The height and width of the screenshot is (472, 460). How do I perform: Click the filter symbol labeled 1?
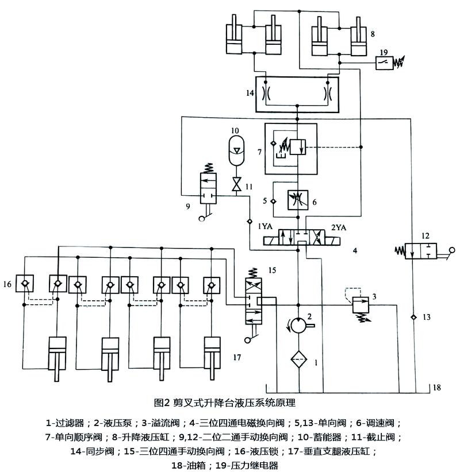coord(299,359)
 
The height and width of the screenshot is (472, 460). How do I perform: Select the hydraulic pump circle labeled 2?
coord(298,325)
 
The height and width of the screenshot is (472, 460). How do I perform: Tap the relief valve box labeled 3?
coord(361,305)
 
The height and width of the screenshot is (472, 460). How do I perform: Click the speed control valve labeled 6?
coord(298,200)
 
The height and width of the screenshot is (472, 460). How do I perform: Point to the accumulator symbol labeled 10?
coord(237,150)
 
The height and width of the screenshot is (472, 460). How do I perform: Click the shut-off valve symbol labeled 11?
coord(237,184)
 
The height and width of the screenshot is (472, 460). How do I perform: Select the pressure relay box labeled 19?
coord(384,63)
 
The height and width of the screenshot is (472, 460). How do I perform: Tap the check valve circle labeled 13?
coord(414,317)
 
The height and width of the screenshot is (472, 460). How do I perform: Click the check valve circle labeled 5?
coord(273,201)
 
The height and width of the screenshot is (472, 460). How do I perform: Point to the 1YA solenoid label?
coord(265,226)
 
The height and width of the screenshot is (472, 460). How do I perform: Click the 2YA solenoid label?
coord(339,227)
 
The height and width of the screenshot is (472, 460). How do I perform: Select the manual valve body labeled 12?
coord(420,251)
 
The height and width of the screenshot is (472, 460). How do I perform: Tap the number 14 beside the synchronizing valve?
coord(250,93)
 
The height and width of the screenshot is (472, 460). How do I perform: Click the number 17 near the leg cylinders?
coord(237,357)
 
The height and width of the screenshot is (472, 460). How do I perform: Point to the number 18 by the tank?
coord(437,388)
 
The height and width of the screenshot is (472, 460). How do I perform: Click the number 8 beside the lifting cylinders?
coord(373,34)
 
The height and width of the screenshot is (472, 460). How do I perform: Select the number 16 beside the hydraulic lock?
coord(7,284)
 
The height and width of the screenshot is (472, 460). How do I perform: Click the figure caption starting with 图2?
coord(225,403)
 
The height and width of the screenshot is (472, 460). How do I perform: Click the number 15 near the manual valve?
coord(272,270)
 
